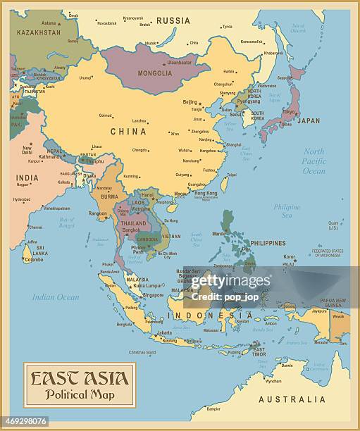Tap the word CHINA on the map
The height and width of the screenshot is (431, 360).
point(128,131)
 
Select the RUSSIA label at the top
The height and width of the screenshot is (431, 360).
point(173,21)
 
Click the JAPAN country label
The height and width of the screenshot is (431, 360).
point(308,120)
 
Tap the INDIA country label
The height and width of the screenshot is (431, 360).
point(27,177)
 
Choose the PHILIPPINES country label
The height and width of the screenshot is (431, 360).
point(268,243)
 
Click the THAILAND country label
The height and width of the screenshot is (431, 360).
point(133,223)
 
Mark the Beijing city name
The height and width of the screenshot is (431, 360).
point(190,102)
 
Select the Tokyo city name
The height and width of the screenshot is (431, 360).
point(288,112)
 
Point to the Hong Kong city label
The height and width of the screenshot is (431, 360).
point(206,193)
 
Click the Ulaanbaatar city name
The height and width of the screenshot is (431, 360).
point(179,62)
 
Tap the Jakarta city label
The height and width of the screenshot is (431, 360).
point(164,332)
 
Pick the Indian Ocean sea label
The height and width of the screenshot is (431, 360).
point(56,296)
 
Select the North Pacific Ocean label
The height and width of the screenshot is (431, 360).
point(314,161)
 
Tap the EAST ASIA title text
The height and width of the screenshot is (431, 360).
point(79,379)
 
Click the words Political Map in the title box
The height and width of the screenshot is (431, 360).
point(79,394)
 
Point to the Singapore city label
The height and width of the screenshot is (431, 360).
point(153,295)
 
